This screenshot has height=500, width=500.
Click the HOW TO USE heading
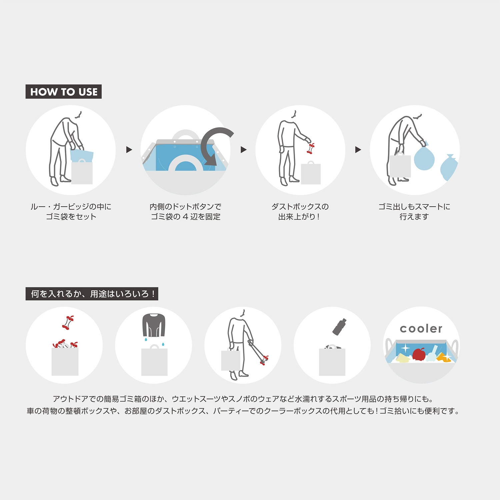[64, 92]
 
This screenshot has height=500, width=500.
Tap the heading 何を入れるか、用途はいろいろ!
[92, 294]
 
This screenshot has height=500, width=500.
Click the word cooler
[421, 329]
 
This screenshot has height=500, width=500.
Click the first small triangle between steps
[129, 150]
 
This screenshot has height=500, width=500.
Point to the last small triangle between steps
[358, 150]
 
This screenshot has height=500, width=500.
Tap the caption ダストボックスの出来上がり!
[300, 212]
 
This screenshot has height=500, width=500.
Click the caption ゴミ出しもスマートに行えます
[414, 212]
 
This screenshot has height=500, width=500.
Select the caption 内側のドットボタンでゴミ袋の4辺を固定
[186, 212]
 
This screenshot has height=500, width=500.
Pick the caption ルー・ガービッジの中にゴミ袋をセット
[71, 212]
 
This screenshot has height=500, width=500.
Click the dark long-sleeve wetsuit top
[154, 325]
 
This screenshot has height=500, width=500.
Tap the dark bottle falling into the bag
[339, 326]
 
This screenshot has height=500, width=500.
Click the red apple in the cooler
[419, 354]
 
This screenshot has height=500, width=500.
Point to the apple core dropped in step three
[311, 148]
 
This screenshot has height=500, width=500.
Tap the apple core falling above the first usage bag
[68, 322]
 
